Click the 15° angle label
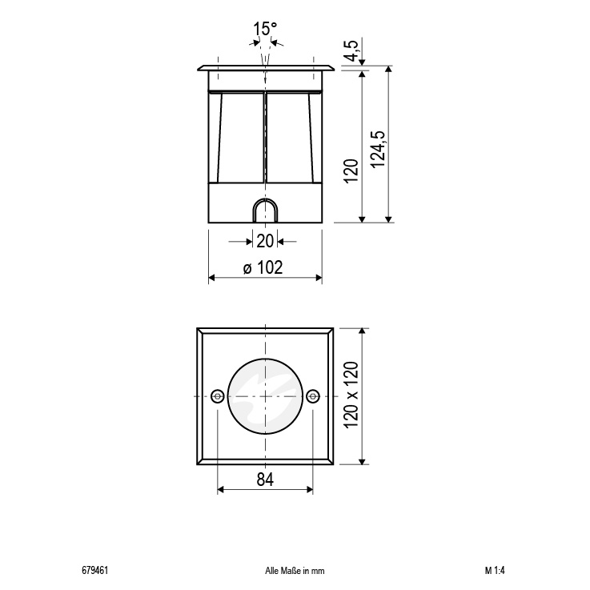click(265, 29)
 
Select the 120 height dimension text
click(351, 171)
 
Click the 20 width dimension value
click(265, 240)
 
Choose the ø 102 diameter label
click(262, 268)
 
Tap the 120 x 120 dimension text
click(351, 395)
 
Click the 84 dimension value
click(265, 480)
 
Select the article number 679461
click(95, 571)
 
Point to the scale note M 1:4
click(494, 571)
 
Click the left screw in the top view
click(218, 395)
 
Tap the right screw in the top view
click(313, 395)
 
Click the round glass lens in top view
click(265, 395)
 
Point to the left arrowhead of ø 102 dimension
click(212, 278)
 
